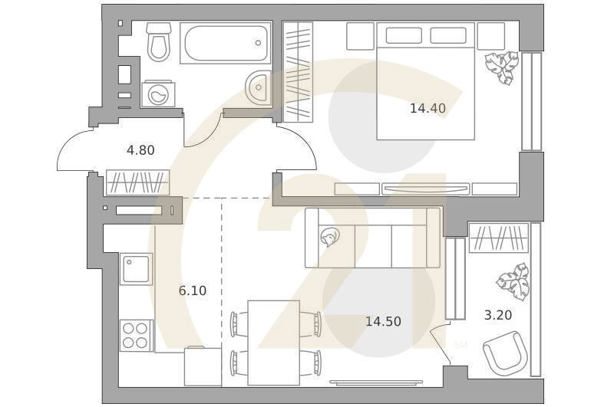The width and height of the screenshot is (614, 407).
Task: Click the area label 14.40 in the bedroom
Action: point(427,109)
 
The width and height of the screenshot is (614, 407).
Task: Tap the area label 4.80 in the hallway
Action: point(140,150)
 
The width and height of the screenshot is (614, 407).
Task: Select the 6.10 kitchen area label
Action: point(192,290)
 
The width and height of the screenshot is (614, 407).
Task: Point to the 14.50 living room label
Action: point(383,322)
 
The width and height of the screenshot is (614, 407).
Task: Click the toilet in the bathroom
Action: point(159,41)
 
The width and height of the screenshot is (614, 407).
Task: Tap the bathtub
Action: point(225,43)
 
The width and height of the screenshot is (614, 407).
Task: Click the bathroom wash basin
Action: point(259,87)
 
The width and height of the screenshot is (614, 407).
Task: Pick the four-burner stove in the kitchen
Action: point(136,335)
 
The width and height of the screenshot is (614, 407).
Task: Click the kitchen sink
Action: point(136,270)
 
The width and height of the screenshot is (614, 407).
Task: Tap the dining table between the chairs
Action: point(274,342)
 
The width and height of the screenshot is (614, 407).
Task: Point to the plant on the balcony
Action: point(512,281)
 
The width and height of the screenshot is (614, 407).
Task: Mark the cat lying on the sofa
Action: point(331,238)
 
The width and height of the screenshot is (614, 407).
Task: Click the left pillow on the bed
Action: point(404,35)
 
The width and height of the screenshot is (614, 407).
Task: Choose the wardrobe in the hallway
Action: point(137,182)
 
